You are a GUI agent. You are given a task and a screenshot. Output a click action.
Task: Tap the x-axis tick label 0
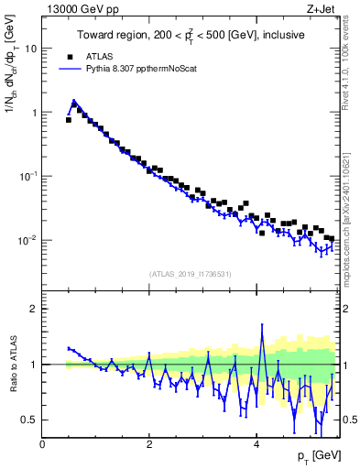tap(42, 443)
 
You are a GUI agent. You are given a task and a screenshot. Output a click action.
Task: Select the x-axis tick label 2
tap(149, 443)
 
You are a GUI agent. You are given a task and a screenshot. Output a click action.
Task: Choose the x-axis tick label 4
tap(256, 443)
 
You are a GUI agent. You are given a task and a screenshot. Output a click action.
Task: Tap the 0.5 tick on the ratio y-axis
tap(28, 420)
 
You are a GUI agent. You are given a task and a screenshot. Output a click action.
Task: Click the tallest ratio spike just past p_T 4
tap(263, 325)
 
